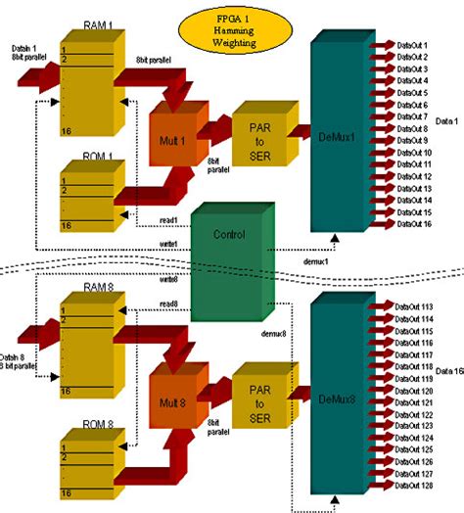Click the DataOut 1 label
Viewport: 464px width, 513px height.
point(412,44)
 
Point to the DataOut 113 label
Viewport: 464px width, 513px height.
point(416,306)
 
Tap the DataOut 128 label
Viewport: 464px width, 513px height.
point(416,485)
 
